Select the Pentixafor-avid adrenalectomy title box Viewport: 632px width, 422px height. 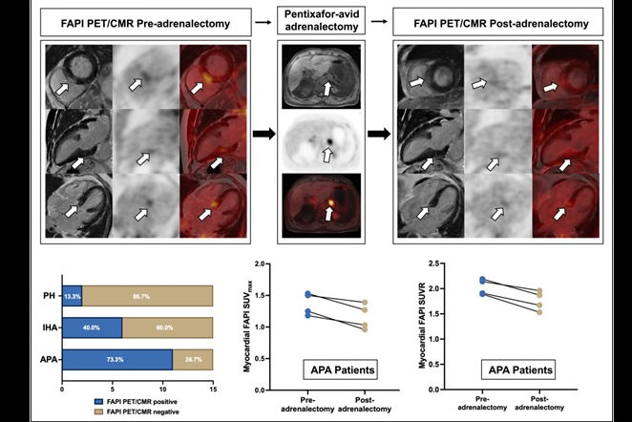click(327, 18)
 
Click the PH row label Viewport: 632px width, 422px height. click(48, 296)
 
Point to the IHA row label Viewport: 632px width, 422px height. click(45, 327)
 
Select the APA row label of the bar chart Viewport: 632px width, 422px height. click(45, 357)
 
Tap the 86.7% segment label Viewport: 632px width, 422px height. click(148, 296)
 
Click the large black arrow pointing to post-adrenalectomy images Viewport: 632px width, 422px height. click(377, 134)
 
